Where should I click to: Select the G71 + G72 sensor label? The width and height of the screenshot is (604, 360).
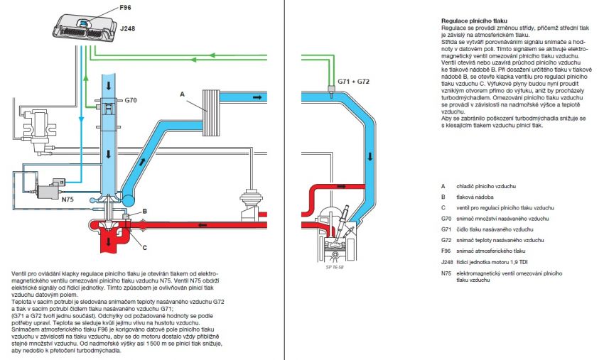[353, 82]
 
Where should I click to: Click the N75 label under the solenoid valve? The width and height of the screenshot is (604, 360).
[68, 200]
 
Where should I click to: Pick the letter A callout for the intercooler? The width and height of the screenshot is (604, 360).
[183, 94]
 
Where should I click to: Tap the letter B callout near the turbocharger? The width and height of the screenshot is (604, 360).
[144, 211]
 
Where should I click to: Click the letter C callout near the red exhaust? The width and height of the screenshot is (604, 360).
[144, 247]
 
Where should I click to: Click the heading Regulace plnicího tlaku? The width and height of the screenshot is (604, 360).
[474, 21]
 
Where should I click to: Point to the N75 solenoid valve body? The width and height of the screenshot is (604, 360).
[50, 189]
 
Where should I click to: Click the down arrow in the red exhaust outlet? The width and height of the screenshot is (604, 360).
[109, 241]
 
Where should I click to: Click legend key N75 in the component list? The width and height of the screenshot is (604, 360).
[446, 273]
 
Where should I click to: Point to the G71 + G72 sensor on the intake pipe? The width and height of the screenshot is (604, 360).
[331, 91]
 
